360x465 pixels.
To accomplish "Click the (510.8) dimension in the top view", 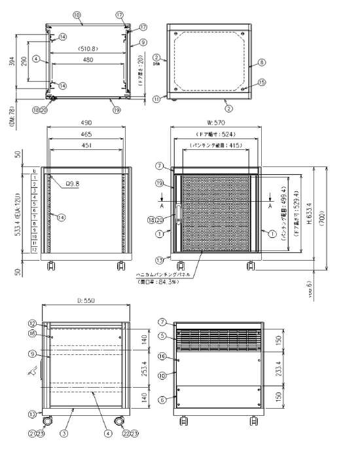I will click(87, 48).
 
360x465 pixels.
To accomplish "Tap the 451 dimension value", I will click(87, 146).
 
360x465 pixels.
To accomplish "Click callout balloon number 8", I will click(261, 63).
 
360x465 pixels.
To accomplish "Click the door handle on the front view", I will click(176, 215).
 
